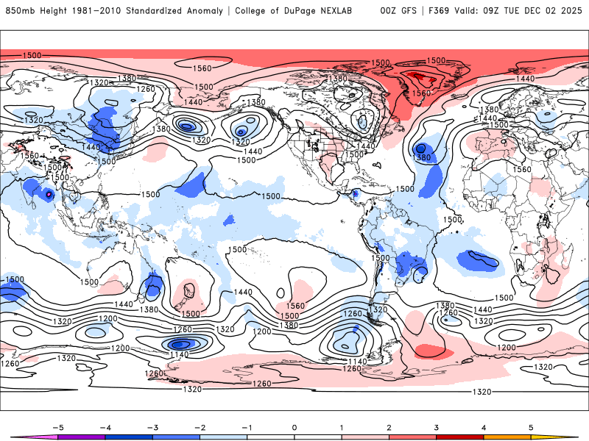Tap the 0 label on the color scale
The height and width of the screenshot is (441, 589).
click(x=294, y=426)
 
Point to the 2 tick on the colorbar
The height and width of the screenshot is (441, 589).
click(x=389, y=426)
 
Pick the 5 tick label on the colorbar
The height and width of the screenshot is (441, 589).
click(x=532, y=426)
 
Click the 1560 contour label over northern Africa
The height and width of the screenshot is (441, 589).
click(x=522, y=169)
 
